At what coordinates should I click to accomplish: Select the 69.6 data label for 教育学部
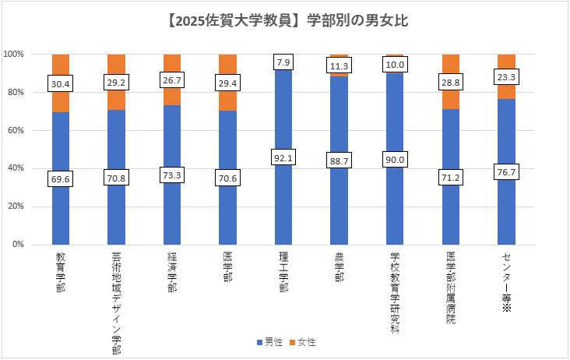point(61,178)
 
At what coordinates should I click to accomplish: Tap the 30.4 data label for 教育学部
point(61,83)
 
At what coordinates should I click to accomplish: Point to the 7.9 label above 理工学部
point(283,62)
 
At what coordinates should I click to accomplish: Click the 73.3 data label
point(172,175)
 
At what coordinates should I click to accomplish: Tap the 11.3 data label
point(339,65)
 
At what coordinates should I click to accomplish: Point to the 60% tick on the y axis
point(16,130)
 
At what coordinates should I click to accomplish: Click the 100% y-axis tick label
point(15,55)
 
